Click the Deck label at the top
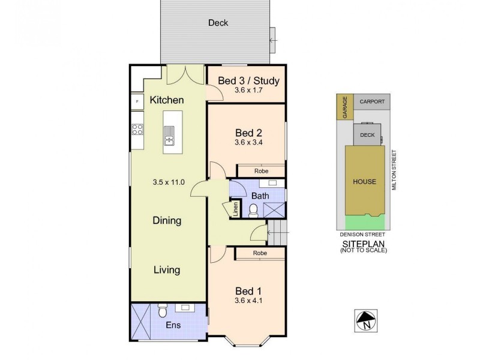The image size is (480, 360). click(x=218, y=23)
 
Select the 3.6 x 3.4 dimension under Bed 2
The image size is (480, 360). click(x=248, y=143)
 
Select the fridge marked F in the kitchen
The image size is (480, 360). click(x=137, y=101)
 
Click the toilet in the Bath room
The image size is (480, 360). click(x=253, y=209)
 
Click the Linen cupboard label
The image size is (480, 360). click(x=235, y=209)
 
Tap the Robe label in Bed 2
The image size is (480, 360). click(x=260, y=171)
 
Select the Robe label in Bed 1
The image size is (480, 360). click(x=260, y=254)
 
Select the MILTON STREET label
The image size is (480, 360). click(x=394, y=171)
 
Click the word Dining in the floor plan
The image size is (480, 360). click(x=167, y=221)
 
